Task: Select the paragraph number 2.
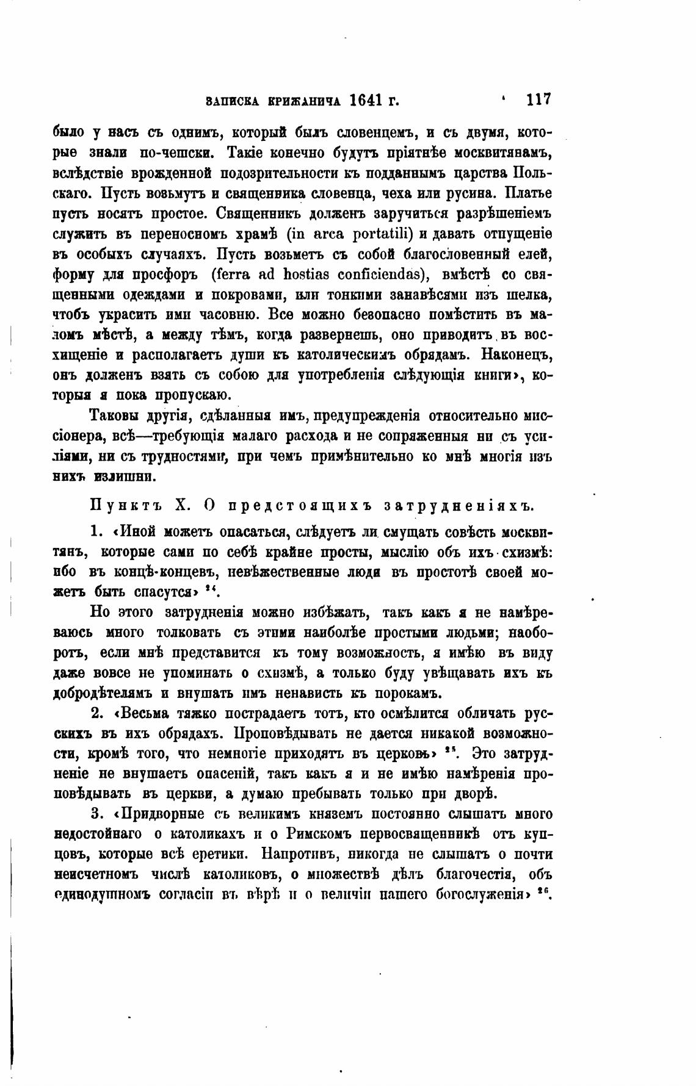(97, 714)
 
